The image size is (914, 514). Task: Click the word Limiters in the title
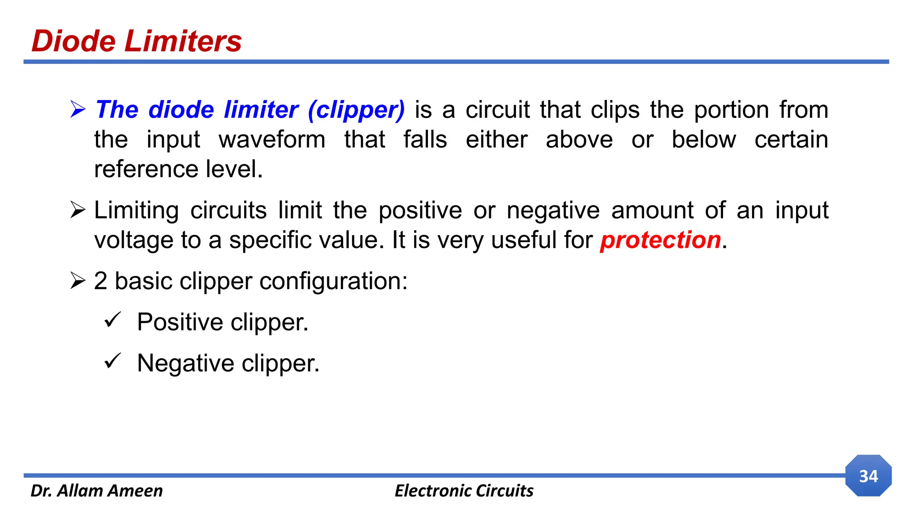tap(183, 41)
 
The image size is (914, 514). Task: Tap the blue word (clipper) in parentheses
tap(356, 110)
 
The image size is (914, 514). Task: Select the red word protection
tap(660, 240)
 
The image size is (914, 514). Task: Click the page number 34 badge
tap(868, 476)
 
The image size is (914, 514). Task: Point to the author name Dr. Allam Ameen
tap(97, 491)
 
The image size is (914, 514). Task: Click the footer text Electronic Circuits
tap(464, 491)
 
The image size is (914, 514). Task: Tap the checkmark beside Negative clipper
tap(112, 361)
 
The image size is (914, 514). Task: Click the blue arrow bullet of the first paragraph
tap(78, 110)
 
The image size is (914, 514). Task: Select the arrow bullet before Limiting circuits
tap(78, 210)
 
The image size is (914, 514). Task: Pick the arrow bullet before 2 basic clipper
tap(78, 281)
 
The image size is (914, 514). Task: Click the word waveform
tap(272, 140)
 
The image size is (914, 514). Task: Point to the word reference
tap(146, 169)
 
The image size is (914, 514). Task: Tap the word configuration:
tap(333, 282)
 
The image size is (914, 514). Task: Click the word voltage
tap(133, 240)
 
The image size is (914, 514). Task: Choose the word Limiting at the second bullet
tap(137, 210)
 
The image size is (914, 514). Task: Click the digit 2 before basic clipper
tap(101, 281)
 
